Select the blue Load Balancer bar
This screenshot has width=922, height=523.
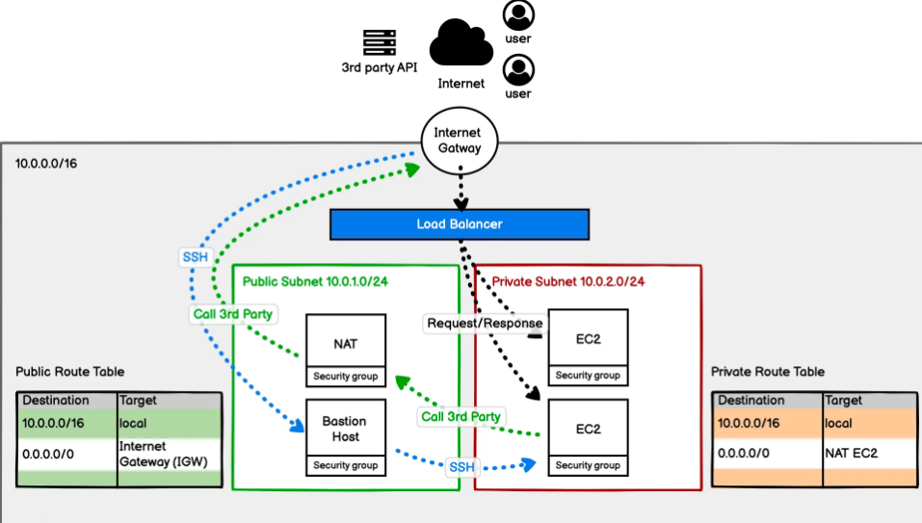pyautogui.click(x=459, y=224)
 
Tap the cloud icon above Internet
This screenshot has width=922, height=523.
pyautogui.click(x=461, y=43)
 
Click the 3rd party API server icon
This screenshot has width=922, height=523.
pyautogui.click(x=380, y=42)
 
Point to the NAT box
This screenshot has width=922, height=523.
pyautogui.click(x=346, y=342)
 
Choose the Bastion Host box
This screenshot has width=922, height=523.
pyautogui.click(x=346, y=429)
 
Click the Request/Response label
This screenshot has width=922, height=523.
pyautogui.click(x=485, y=324)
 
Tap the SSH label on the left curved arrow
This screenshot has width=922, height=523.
pyautogui.click(x=194, y=258)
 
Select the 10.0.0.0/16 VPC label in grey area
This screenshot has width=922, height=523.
pyautogui.click(x=46, y=164)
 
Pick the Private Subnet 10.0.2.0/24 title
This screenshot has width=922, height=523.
pyautogui.click(x=568, y=281)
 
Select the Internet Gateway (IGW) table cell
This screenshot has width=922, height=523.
pyautogui.click(x=163, y=454)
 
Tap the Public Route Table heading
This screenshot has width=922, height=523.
pyautogui.click(x=70, y=372)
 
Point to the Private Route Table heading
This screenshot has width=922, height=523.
pyautogui.click(x=768, y=372)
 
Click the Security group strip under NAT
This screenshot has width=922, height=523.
pyautogui.click(x=346, y=377)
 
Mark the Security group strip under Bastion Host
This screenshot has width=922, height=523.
pyautogui.click(x=346, y=466)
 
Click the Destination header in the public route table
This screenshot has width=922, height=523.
pyautogui.click(x=57, y=400)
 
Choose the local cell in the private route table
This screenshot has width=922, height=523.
pyautogui.click(x=839, y=422)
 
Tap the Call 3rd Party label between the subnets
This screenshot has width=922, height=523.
pyautogui.click(x=461, y=417)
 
